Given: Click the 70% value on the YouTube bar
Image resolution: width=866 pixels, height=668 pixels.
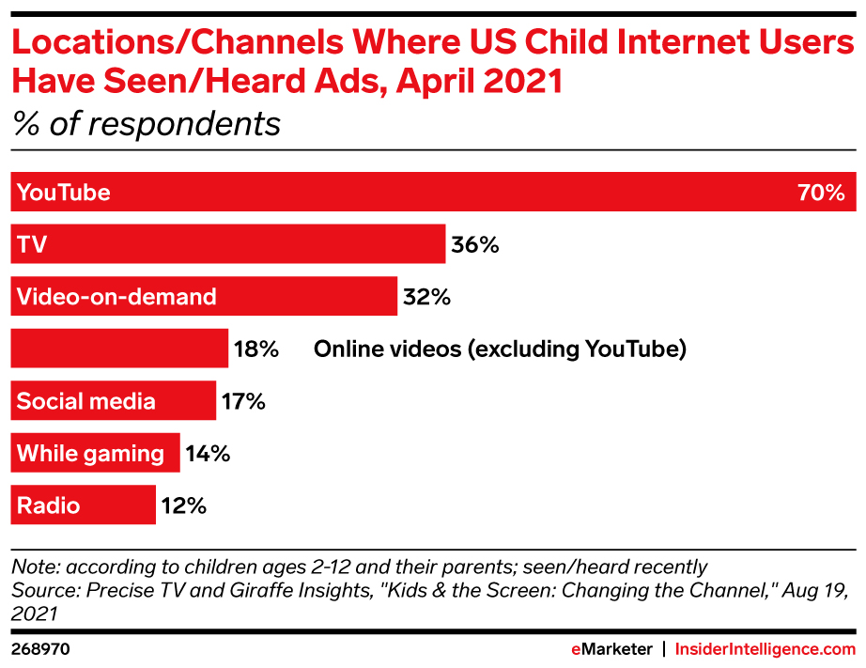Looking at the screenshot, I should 822,193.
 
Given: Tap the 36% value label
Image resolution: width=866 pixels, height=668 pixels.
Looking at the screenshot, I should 475,245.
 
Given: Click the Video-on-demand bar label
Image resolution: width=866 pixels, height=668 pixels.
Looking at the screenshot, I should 116,297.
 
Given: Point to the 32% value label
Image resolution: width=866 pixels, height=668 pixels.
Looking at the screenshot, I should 427,298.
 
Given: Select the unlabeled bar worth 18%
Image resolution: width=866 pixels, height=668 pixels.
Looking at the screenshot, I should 119,350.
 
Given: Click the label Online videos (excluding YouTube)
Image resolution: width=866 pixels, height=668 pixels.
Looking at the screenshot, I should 500,350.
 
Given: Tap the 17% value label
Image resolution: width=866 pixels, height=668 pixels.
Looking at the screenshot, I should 243,402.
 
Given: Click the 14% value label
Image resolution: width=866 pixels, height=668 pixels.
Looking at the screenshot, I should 207,454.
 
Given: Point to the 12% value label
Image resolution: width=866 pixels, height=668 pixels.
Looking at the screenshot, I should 183,506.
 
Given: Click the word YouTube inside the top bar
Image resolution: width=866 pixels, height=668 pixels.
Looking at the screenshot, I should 64,193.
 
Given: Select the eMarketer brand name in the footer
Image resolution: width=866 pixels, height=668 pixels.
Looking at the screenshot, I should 611,649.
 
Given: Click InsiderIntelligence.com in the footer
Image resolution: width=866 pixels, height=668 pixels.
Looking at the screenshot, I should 765,649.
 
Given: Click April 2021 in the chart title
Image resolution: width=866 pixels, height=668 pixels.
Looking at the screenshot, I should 479,82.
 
